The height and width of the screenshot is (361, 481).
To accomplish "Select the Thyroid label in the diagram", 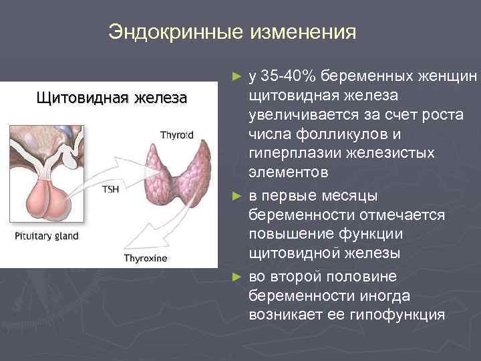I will (x=176, y=134).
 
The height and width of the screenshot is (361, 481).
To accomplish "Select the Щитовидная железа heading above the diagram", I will (x=111, y=100).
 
